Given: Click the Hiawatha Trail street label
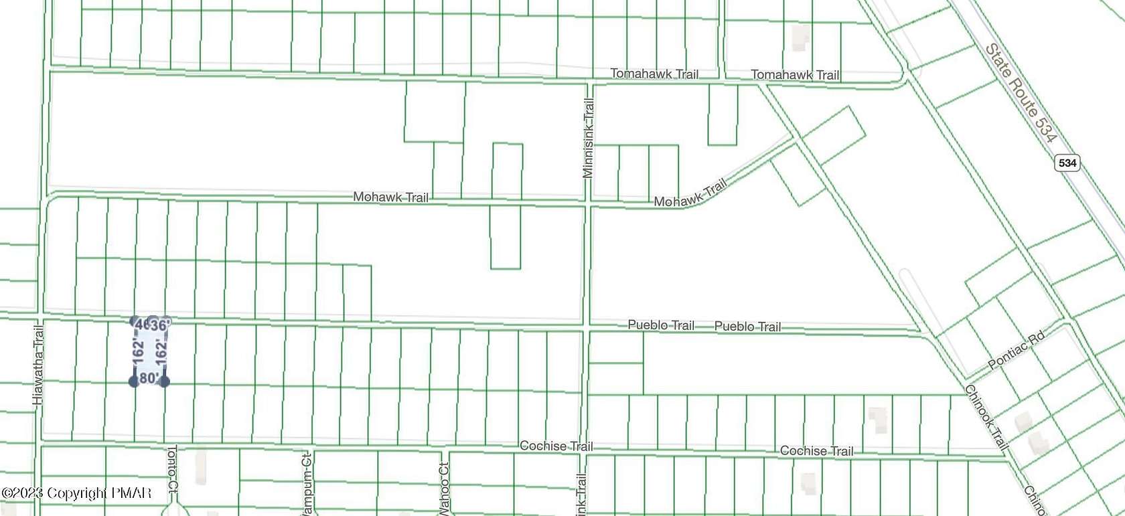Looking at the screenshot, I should [x=38, y=365].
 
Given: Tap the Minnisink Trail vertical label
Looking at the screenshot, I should [x=588, y=138].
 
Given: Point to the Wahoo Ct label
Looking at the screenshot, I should [x=443, y=489].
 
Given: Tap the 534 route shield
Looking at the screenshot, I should [x=1067, y=163].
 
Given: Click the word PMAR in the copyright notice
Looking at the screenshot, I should [x=131, y=493].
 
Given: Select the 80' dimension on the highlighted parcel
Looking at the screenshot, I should [x=149, y=378].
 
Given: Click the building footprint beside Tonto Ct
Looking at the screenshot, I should [x=200, y=466].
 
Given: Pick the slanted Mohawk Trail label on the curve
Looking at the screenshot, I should [x=690, y=193].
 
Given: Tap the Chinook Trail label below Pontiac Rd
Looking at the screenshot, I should [x=986, y=417].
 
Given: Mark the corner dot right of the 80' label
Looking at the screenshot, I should [x=164, y=381].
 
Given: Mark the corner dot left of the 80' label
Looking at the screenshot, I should [x=134, y=381].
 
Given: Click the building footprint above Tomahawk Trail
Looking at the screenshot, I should [x=800, y=37].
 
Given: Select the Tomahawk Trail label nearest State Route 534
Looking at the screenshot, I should [x=795, y=75].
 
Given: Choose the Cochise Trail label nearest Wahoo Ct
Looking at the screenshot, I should [x=556, y=446].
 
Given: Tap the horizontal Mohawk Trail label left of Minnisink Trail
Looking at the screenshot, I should [x=390, y=197].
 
